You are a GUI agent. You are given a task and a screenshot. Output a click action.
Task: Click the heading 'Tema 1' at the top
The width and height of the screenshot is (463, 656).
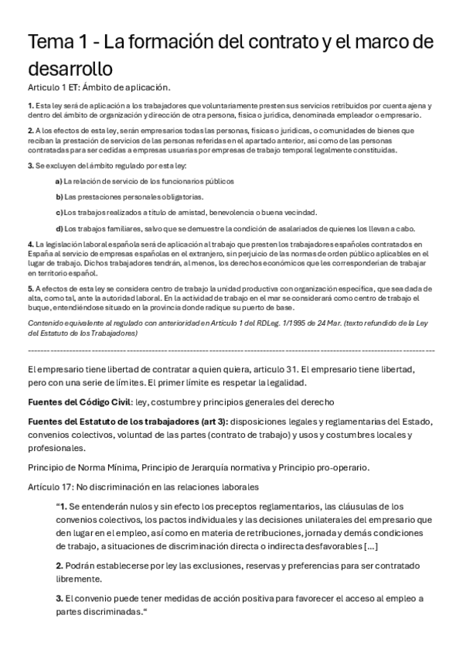tap(62, 42)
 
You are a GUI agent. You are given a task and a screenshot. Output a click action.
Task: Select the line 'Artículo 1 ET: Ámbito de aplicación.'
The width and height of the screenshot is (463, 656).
tap(98, 87)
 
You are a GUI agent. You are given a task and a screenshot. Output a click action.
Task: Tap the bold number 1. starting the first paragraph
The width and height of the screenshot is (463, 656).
tap(30, 105)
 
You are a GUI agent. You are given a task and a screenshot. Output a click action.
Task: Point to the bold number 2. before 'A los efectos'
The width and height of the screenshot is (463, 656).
tap(30, 131)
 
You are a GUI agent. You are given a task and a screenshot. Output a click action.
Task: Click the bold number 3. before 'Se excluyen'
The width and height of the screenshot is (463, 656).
tap(30, 166)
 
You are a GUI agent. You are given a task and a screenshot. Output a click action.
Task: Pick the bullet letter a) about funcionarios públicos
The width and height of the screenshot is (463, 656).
tap(59, 181)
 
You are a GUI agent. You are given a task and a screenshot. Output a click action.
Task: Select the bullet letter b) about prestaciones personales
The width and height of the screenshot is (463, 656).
tap(59, 196)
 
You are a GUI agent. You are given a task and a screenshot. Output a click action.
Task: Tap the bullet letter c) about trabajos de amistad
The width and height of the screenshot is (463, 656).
tap(59, 212)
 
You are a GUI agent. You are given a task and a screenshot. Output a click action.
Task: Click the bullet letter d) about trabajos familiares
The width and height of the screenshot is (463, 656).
tap(59, 228)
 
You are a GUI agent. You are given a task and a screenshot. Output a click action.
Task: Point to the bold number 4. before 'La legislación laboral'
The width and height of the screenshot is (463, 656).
tap(30, 244)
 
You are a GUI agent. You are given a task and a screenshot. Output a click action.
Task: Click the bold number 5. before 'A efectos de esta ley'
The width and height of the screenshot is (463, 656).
tap(30, 289)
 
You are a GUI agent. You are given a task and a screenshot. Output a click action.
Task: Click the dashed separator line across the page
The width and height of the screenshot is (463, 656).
tap(231, 350)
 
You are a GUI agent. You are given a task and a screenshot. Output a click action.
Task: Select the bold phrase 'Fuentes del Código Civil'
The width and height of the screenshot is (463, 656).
tap(79, 402)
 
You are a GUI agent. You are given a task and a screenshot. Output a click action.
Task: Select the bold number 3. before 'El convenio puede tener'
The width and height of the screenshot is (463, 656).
tap(59, 599)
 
